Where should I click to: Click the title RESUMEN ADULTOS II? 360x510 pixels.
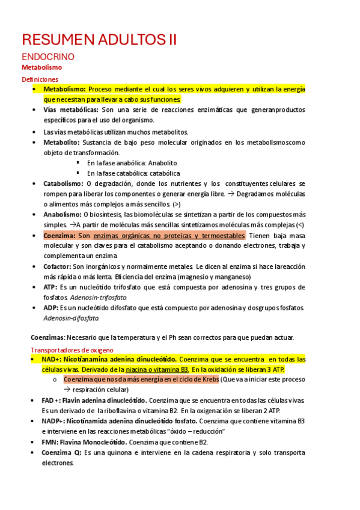point(99,40)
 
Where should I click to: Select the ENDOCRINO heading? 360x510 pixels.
point(47,57)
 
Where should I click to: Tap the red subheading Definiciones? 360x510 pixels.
point(40,79)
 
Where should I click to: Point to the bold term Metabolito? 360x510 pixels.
point(61,143)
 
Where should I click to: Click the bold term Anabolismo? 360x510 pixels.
point(63,214)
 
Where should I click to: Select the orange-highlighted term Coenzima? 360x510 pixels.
point(59,236)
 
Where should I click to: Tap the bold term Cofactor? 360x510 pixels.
point(57,266)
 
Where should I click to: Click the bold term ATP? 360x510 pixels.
point(50,287)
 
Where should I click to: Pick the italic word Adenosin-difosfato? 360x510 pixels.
point(72,318)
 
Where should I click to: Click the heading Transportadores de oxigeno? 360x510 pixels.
point(67,349)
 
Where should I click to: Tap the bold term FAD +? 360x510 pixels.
point(55,400)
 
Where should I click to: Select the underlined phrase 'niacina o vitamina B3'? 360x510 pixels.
point(155,369)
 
